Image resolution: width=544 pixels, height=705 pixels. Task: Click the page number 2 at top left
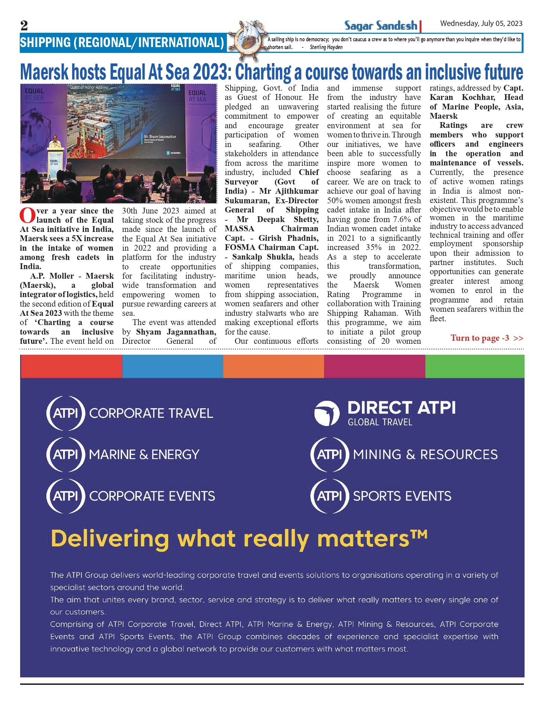click(x=24, y=26)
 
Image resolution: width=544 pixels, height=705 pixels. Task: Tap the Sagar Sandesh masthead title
click(x=380, y=26)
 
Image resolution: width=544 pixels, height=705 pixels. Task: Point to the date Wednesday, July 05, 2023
click(x=481, y=24)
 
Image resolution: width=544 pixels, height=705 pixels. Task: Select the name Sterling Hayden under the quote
click(x=326, y=47)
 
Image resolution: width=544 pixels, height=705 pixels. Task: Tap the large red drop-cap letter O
click(x=27, y=215)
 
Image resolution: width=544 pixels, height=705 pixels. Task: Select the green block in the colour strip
click(x=474, y=366)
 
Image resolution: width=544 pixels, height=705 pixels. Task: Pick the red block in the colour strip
click(x=71, y=366)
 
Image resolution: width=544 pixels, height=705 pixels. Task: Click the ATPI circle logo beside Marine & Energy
click(x=65, y=455)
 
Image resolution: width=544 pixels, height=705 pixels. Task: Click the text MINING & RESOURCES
click(x=425, y=455)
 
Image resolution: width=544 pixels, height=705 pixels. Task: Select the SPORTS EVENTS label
click(x=402, y=496)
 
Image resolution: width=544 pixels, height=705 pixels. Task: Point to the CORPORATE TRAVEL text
click(x=151, y=413)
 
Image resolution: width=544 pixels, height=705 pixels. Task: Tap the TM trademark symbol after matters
click(x=419, y=533)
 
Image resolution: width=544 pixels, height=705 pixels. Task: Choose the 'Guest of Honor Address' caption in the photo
click(x=89, y=87)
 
